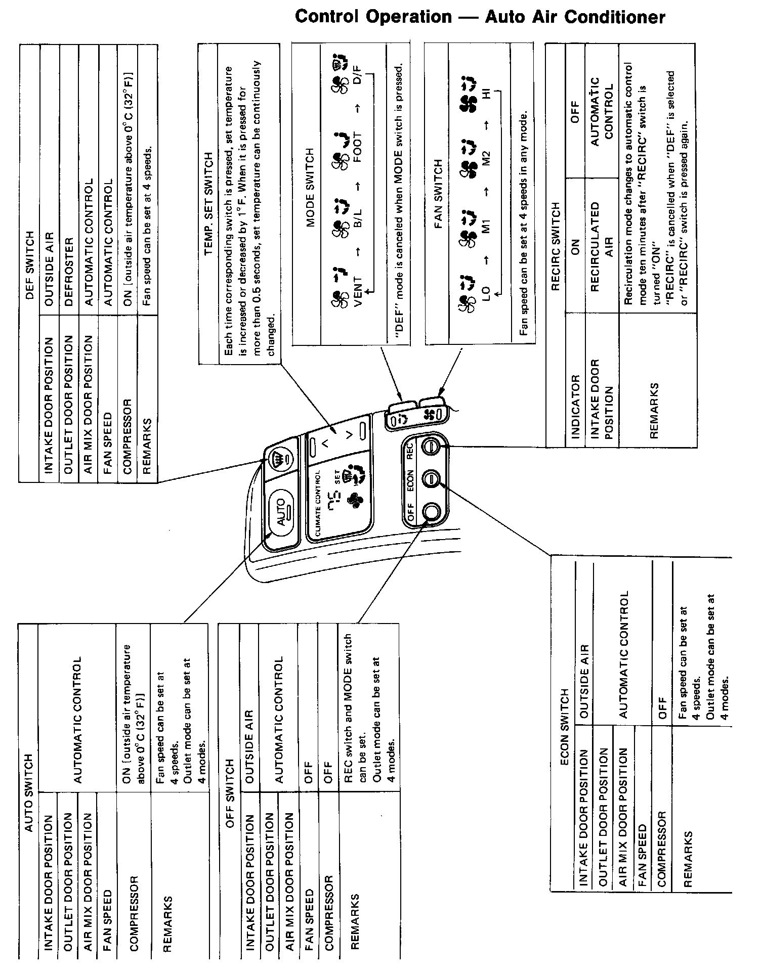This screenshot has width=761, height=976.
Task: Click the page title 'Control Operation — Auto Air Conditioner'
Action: (480, 17)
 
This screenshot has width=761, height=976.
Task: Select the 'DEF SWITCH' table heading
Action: (29, 265)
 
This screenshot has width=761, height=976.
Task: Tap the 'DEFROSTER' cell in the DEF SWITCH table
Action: (69, 265)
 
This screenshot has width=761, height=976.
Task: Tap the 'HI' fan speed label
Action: (486, 94)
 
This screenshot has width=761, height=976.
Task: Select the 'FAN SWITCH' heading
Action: (438, 194)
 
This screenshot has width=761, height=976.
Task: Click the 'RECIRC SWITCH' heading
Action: (556, 246)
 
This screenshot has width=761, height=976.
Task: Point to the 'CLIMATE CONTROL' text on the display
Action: (318, 504)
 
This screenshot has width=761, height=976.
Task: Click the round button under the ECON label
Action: (431, 478)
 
